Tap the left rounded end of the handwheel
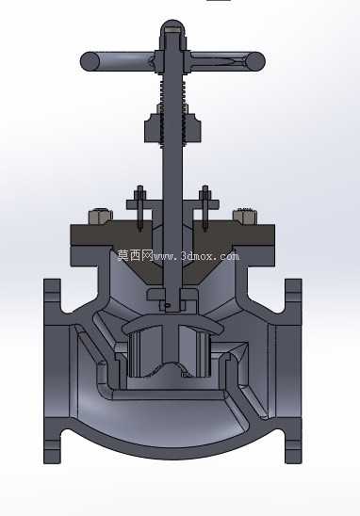point(90,61)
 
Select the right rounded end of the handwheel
point(255,61)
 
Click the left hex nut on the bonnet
point(100,216)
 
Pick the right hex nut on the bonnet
point(244,216)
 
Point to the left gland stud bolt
point(140,208)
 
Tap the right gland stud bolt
point(205,208)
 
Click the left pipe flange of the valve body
point(53,371)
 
